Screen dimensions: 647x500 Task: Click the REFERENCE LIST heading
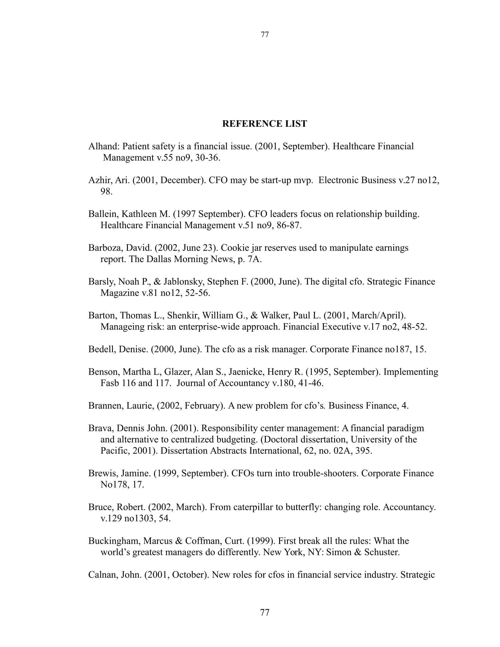pyautogui.click(x=264, y=124)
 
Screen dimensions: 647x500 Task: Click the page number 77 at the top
pyautogui.click(x=265, y=35)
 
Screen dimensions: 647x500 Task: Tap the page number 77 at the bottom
pyautogui.click(x=265, y=612)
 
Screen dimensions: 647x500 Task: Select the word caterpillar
pyautogui.click(x=253, y=507)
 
